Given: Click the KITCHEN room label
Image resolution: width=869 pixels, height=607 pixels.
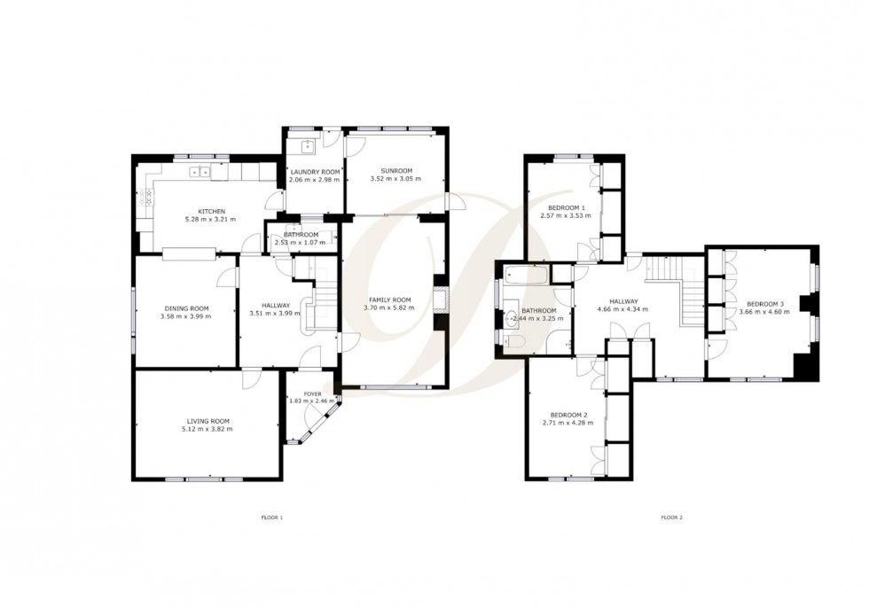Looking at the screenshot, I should click(x=211, y=211).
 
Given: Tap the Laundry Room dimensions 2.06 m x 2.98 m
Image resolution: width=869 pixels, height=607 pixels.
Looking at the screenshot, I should click(x=315, y=180).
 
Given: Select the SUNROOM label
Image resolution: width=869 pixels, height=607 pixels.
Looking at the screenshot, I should click(x=395, y=170).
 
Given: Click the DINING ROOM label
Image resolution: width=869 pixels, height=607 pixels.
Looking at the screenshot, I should click(x=185, y=307).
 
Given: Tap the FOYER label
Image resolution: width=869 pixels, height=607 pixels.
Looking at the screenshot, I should click(x=313, y=393).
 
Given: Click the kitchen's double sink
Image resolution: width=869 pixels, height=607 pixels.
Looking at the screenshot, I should click(x=203, y=172).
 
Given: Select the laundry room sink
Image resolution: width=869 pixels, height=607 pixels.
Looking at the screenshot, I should click(x=308, y=147).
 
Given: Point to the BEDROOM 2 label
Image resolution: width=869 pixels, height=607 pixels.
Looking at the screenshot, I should click(x=568, y=415).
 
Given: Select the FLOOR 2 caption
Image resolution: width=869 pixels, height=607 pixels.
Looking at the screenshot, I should click(x=671, y=517).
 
